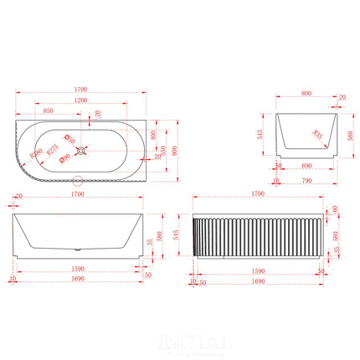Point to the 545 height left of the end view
point(260,133)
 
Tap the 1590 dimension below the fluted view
point(259,271)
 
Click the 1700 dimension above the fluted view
point(258,194)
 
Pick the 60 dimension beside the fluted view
point(336,208)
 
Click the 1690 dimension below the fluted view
point(259,282)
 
